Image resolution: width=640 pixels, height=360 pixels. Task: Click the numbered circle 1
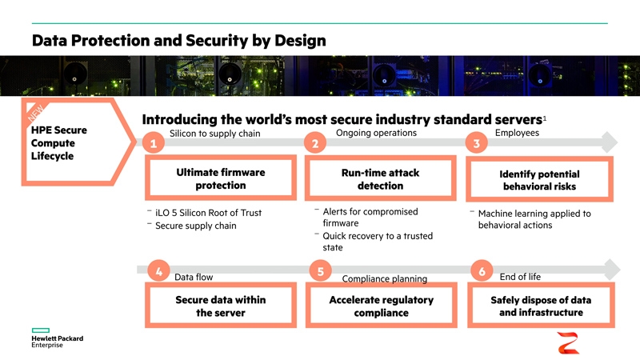click(x=154, y=143)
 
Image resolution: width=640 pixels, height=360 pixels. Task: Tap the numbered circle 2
click(x=315, y=143)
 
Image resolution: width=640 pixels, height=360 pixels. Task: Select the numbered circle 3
click(x=476, y=143)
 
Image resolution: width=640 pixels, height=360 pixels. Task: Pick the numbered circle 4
click(x=158, y=271)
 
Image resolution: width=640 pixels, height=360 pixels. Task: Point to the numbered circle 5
click(x=321, y=271)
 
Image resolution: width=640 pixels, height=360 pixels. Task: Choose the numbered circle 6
click(x=482, y=271)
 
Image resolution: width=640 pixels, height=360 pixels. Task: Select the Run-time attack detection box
click(x=381, y=178)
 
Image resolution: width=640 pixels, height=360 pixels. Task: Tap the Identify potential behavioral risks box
click(x=539, y=179)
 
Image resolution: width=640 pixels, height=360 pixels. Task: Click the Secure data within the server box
click(x=221, y=306)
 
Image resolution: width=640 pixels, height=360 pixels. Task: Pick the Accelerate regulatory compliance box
click(x=382, y=306)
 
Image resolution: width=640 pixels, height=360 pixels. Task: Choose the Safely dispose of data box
click(x=541, y=306)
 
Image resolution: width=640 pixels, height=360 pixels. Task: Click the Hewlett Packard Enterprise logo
click(x=57, y=338)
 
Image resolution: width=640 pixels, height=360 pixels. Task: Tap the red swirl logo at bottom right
click(x=568, y=343)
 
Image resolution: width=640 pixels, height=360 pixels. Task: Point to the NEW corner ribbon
click(x=36, y=112)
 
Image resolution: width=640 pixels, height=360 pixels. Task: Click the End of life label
click(x=520, y=277)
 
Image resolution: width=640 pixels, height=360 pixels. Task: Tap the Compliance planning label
click(x=385, y=278)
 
